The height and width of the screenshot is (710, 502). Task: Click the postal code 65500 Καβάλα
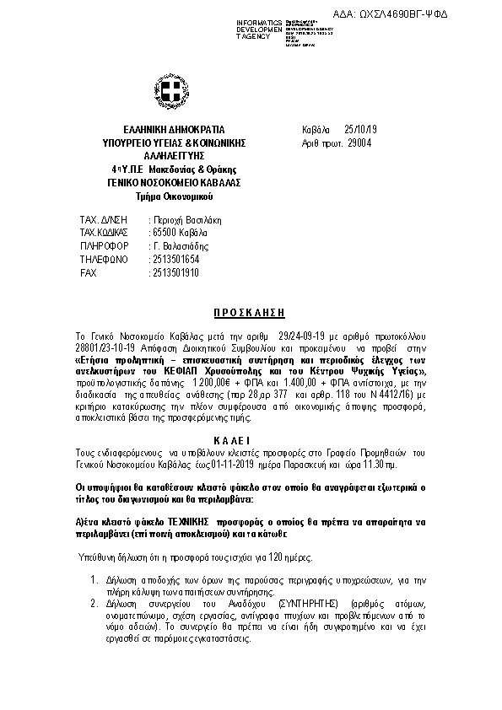click(179, 232)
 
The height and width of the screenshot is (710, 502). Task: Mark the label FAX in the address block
click(89, 274)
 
